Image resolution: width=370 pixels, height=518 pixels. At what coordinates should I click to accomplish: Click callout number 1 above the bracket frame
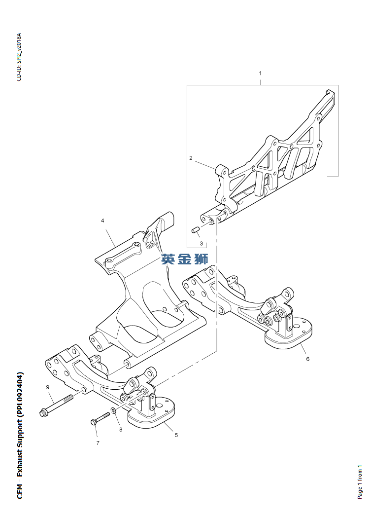click(x=260, y=74)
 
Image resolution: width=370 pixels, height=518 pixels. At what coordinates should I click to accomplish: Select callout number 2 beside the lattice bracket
click(x=191, y=158)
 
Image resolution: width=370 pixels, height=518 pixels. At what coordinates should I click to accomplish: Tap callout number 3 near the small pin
click(x=202, y=244)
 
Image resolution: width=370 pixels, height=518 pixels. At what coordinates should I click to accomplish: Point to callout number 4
click(x=102, y=221)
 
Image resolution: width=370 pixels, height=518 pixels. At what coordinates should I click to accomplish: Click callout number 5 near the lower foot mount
click(x=176, y=435)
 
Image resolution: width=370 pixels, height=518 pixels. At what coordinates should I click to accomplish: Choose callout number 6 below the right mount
click(x=307, y=359)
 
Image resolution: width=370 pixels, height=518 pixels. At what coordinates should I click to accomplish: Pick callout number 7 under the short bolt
click(x=98, y=443)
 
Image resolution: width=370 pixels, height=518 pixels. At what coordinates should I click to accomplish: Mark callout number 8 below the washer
click(x=121, y=430)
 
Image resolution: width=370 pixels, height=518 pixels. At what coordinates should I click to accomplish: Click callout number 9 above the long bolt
click(x=47, y=387)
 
